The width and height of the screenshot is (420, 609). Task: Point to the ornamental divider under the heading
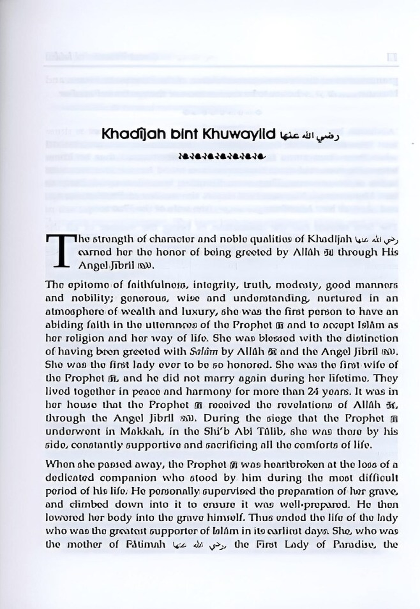point(222,156)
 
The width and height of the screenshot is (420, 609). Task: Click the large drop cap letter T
point(61,251)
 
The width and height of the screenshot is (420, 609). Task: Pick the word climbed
point(87,504)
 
